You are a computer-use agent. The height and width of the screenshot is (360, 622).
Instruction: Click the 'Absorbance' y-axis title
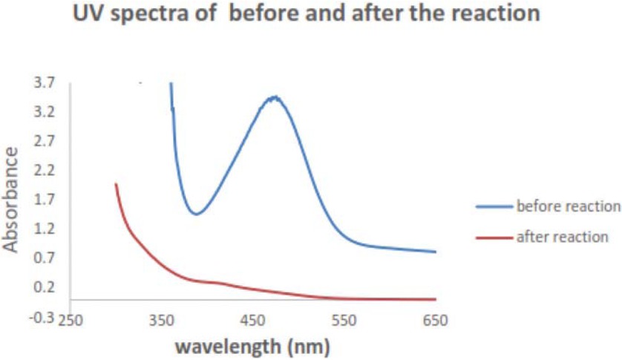pos(11,199)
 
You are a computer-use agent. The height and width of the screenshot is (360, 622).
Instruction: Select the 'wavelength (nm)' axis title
pos(252,346)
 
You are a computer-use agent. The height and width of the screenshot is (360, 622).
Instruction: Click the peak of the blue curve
pos(275,97)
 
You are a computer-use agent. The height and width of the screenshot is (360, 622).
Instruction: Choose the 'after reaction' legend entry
pos(562,237)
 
